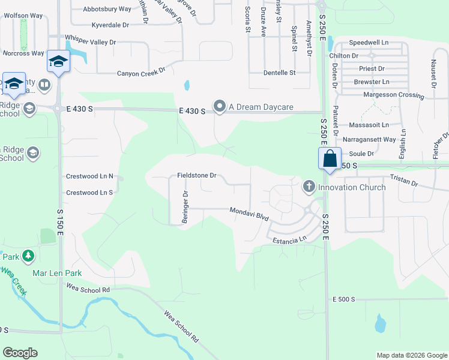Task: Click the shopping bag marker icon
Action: tap(330, 159)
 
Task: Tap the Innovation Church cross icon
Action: tap(309, 187)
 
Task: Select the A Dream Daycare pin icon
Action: tap(220, 107)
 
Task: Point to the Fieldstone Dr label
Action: tap(196, 176)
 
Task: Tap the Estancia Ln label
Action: tap(289, 239)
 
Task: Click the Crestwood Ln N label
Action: tap(89, 176)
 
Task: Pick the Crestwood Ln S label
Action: tap(89, 193)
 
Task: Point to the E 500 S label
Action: tap(344, 299)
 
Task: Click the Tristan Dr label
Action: tap(403, 179)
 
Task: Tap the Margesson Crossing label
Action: tap(394, 95)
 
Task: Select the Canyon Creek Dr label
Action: tap(141, 72)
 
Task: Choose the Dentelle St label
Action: tap(280, 73)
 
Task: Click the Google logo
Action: tap(20, 353)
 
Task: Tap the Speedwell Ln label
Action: tap(369, 43)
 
